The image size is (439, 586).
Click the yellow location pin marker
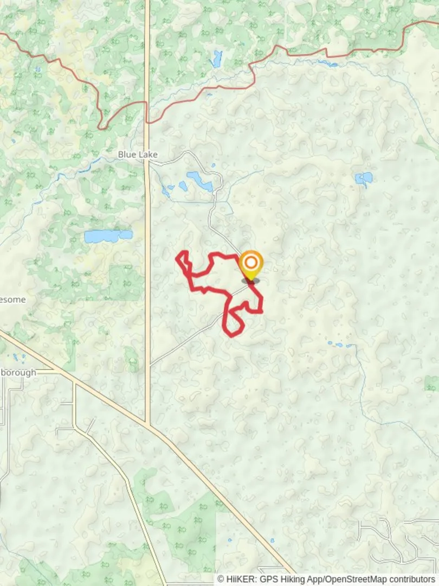(x=251, y=265)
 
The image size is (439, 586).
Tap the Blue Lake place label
(x=138, y=155)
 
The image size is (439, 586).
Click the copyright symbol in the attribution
(x=221, y=579)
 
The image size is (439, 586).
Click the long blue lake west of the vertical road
(x=108, y=236)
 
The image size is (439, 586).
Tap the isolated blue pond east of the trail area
(x=364, y=178)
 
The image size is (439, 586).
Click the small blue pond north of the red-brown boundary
(x=217, y=58)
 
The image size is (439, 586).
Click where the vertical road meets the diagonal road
(x=147, y=424)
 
